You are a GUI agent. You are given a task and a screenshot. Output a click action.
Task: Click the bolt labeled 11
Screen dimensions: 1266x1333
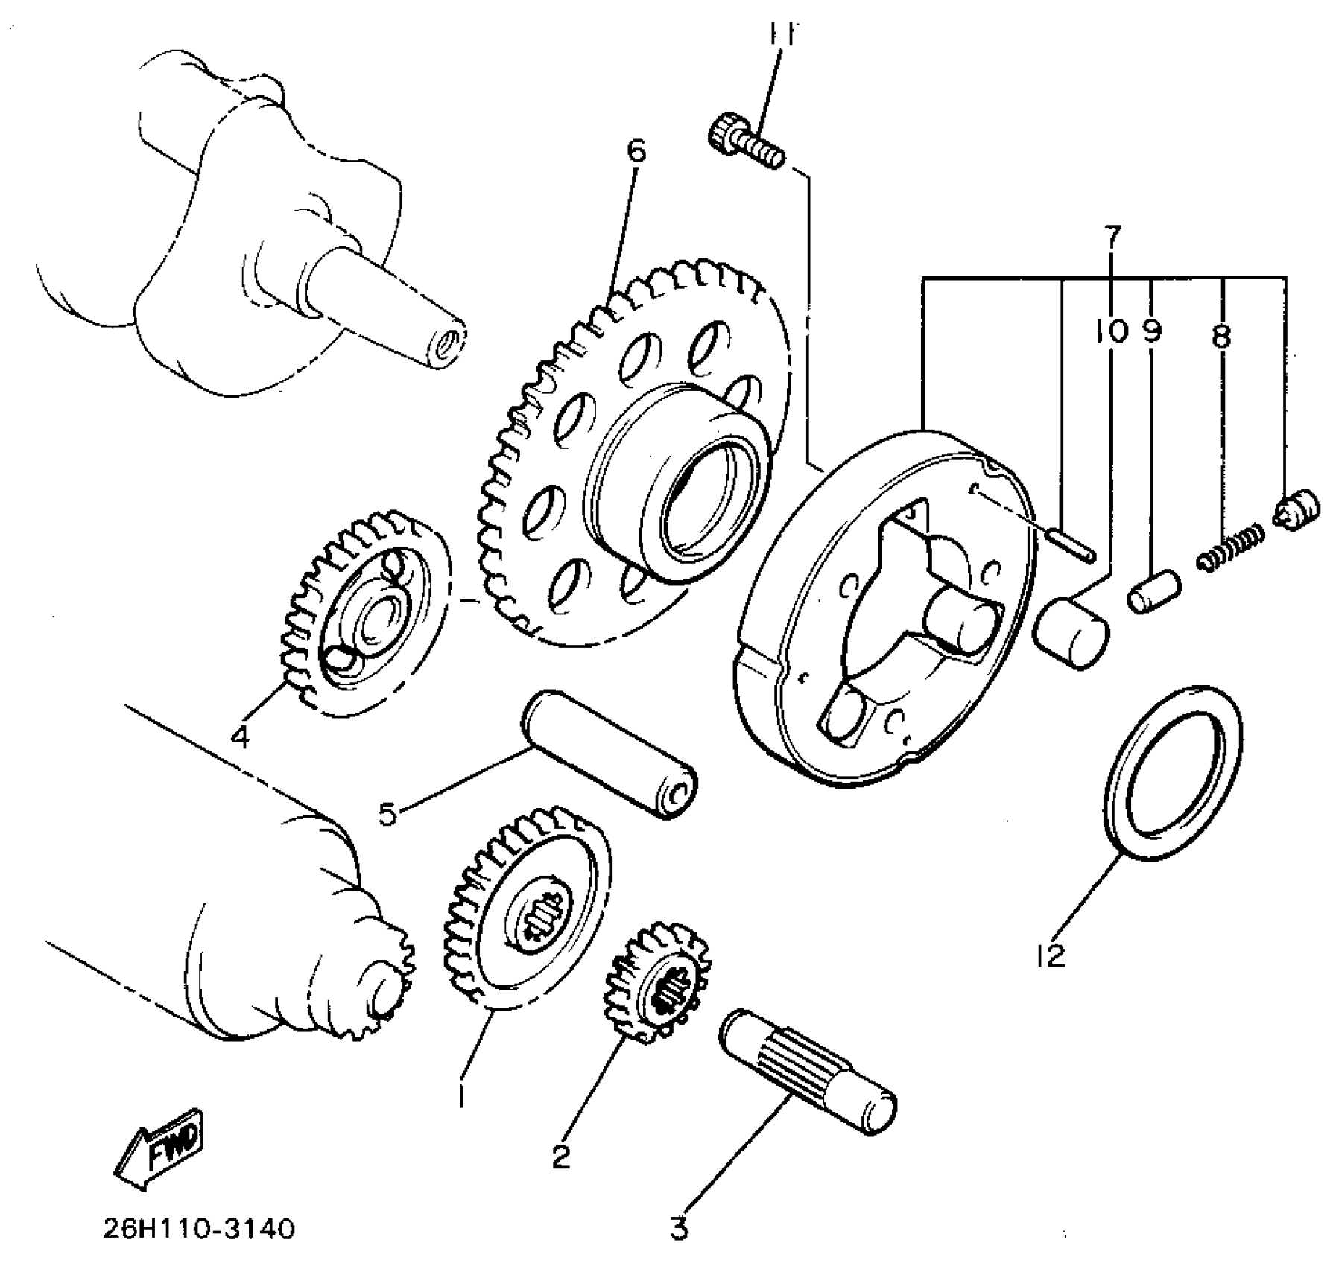pyautogui.click(x=745, y=143)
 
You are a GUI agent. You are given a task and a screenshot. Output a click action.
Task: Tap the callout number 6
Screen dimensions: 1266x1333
pyautogui.click(x=636, y=152)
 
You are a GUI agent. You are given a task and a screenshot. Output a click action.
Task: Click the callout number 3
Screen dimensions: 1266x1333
pyautogui.click(x=678, y=1229)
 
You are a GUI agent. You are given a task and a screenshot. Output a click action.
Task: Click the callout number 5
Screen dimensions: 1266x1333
pyautogui.click(x=387, y=814)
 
